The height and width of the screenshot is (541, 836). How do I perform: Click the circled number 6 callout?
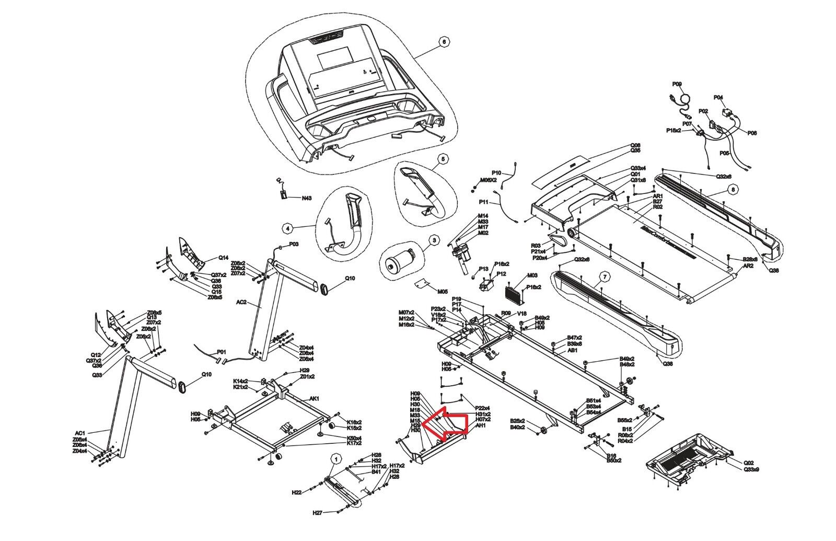444,42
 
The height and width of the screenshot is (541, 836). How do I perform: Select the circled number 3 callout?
434,240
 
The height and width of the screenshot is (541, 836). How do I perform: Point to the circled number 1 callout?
334,459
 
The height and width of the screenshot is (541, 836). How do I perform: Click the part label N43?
307,199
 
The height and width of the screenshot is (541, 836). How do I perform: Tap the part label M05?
443,291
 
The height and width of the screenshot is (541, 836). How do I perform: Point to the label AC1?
80,433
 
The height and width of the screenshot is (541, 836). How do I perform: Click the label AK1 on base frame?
315,398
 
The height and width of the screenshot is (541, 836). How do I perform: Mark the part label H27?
317,513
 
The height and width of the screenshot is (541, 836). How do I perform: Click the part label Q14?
223,258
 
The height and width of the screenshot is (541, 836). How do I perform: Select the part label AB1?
572,351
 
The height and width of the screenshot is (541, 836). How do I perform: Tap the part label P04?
718,98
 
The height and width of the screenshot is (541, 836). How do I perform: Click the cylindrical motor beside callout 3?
401,262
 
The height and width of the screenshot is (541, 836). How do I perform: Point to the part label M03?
532,275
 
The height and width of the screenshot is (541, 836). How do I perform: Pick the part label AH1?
481,425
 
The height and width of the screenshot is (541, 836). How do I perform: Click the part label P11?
483,202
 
